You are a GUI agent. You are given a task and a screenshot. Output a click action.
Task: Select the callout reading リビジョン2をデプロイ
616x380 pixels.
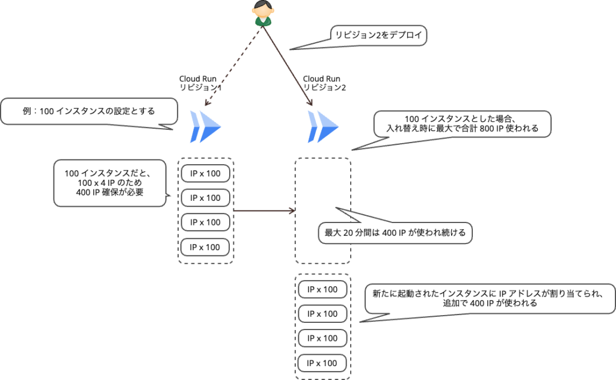[378, 35]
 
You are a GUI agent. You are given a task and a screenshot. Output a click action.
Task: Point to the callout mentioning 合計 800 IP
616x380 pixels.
[461, 124]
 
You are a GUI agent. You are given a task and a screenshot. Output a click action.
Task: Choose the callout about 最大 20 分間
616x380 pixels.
[395, 233]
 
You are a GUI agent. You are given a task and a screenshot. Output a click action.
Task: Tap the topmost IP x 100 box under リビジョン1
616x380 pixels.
[205, 174]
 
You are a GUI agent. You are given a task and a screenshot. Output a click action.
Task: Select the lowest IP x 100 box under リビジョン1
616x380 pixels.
[205, 247]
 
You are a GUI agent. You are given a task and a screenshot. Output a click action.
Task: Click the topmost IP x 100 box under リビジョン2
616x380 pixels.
[322, 289]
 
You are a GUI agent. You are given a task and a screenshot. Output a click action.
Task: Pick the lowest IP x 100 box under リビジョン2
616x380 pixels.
[322, 363]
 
